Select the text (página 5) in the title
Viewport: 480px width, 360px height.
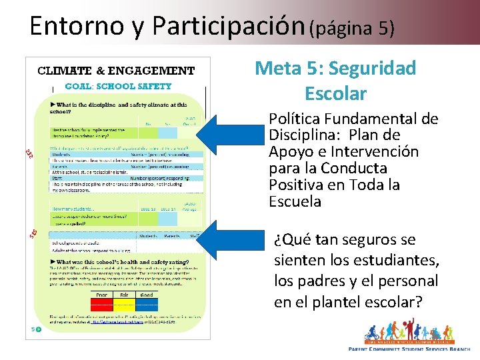pos(353,28)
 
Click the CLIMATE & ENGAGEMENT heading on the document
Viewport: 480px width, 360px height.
pos(116,71)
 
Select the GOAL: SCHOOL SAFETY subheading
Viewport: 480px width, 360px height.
pos(118,86)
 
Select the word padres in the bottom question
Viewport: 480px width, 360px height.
pos(319,281)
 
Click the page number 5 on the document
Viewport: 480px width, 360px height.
pos(33,329)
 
